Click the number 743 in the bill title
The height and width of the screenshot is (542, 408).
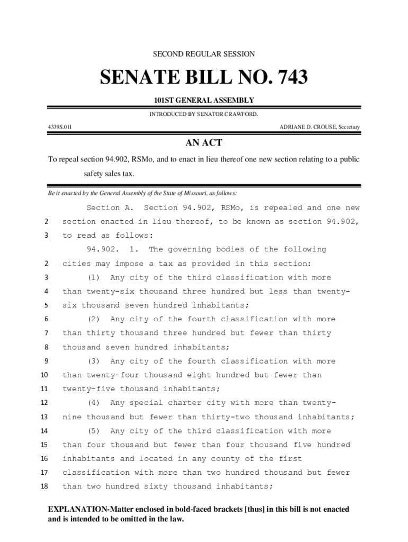click(x=287, y=78)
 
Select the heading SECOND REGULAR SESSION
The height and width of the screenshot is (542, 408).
click(x=204, y=54)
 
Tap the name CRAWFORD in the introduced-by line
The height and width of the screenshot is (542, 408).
click(x=239, y=113)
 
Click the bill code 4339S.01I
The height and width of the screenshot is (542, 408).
click(x=60, y=127)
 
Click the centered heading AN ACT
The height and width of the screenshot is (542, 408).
click(x=203, y=143)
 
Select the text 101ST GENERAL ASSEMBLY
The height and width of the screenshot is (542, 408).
click(x=204, y=101)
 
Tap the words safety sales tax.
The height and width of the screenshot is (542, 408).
click(x=109, y=174)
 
